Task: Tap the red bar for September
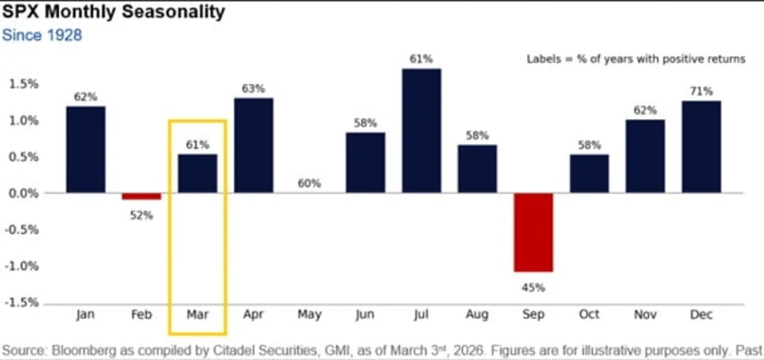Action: [x=534, y=232]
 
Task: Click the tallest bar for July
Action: [x=421, y=131]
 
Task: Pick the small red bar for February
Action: [x=141, y=196]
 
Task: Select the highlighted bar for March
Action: [x=198, y=173]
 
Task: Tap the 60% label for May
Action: [x=309, y=183]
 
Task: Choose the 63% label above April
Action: [x=253, y=88]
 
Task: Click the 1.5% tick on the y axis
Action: [x=23, y=84]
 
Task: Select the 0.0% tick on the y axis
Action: [x=23, y=193]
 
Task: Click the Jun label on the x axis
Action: [x=365, y=314]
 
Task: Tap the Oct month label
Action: [x=589, y=314]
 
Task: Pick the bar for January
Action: [x=86, y=149]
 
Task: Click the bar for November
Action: [x=646, y=156]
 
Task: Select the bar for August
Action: [x=477, y=168]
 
